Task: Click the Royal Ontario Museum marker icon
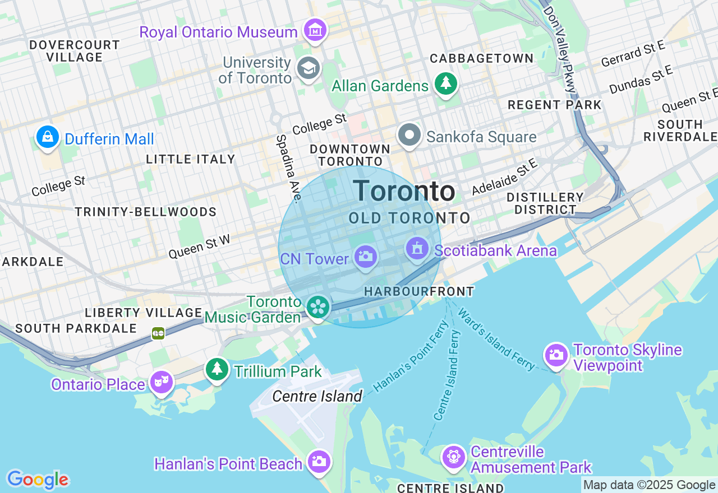(315, 30)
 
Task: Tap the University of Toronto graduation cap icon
(308, 68)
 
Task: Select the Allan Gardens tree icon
(446, 84)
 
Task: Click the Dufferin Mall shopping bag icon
(48, 137)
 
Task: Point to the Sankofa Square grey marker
(409, 136)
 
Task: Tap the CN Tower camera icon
(365, 257)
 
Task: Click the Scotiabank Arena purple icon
(417, 249)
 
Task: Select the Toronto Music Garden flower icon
(318, 307)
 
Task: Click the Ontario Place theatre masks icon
(162, 383)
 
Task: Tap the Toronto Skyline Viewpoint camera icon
(556, 355)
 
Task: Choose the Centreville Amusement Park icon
(453, 457)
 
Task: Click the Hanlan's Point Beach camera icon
(319, 462)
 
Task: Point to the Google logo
(38, 480)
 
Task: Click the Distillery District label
(545, 203)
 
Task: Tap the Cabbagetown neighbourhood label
(481, 58)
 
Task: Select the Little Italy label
(191, 160)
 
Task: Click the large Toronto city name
(404, 192)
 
